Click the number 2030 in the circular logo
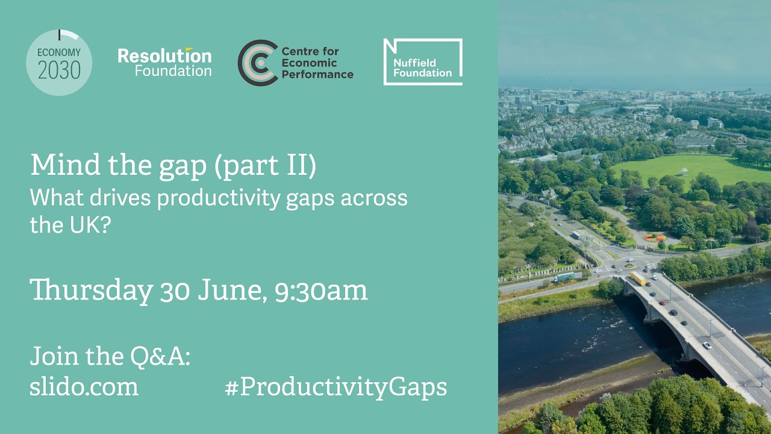(59, 71)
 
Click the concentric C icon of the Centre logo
(257, 63)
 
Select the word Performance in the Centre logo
(317, 75)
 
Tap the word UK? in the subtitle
(85, 225)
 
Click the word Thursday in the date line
(92, 291)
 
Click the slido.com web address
(84, 386)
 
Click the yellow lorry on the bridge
(638, 278)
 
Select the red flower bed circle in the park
(655, 237)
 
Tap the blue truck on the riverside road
(564, 277)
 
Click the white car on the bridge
(707, 345)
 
